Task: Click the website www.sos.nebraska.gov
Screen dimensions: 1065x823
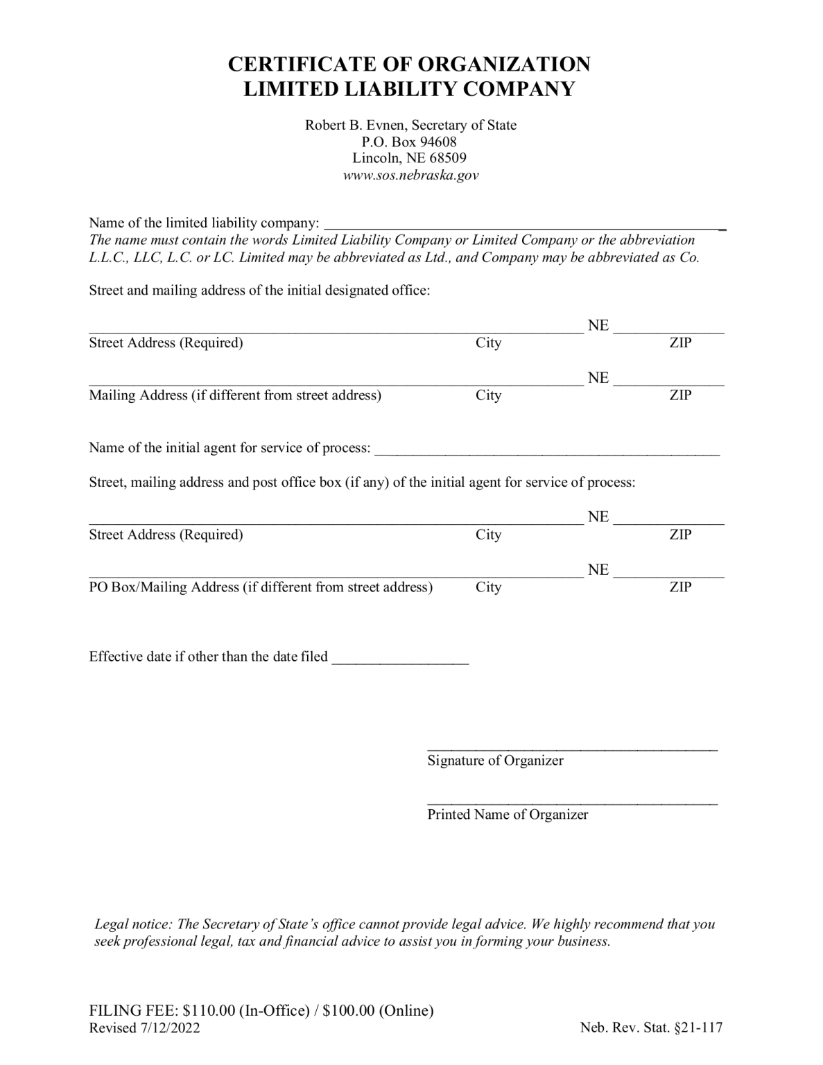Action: [410, 175]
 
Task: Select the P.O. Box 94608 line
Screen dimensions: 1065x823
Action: [410, 141]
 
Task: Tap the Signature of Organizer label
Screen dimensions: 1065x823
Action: [495, 761]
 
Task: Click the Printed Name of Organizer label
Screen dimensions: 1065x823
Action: [508, 815]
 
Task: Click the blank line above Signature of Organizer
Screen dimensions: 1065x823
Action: [572, 748]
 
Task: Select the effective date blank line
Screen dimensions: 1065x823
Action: [400, 661]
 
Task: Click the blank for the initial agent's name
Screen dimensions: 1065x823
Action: [546, 452]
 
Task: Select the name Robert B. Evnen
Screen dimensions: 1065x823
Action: [355, 125]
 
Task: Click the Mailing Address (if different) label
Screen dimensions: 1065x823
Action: [235, 396]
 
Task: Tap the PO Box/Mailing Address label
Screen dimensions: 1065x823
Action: [261, 588]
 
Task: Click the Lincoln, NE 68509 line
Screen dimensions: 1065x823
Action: [410, 158]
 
